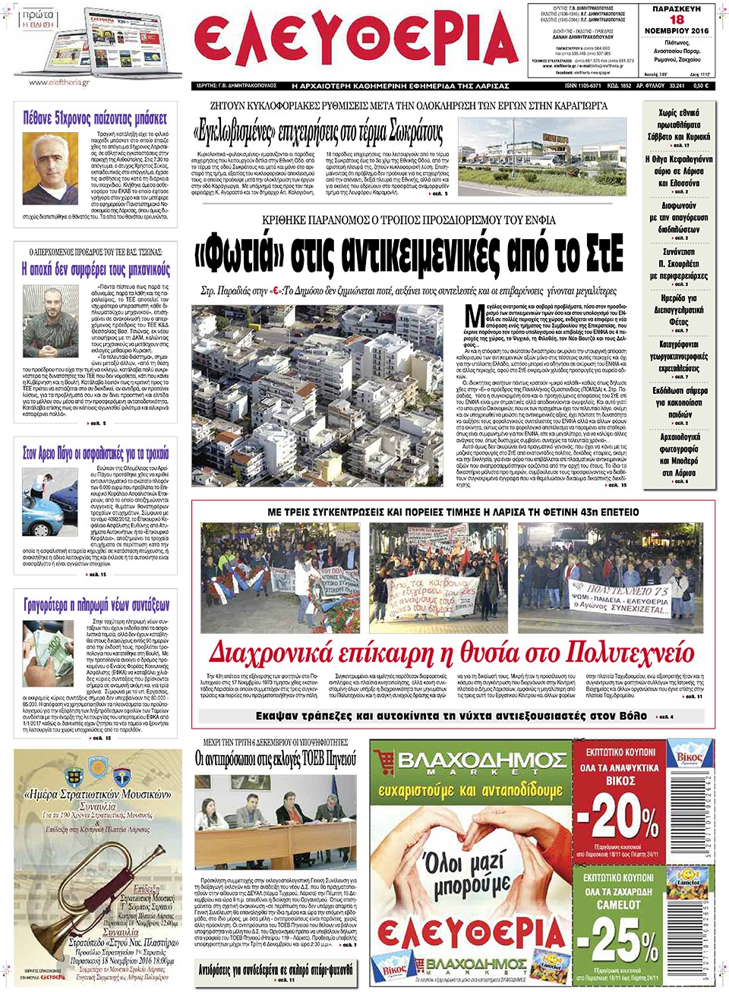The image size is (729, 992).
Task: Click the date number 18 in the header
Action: tap(677, 20)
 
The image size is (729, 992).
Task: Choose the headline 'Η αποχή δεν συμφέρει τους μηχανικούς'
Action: tap(96, 269)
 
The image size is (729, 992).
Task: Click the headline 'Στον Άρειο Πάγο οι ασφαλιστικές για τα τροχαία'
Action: tap(96, 453)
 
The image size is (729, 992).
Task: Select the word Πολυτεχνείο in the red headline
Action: tap(630, 653)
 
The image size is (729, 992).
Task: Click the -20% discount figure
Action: tap(617, 818)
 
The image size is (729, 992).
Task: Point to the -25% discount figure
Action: tap(617, 941)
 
